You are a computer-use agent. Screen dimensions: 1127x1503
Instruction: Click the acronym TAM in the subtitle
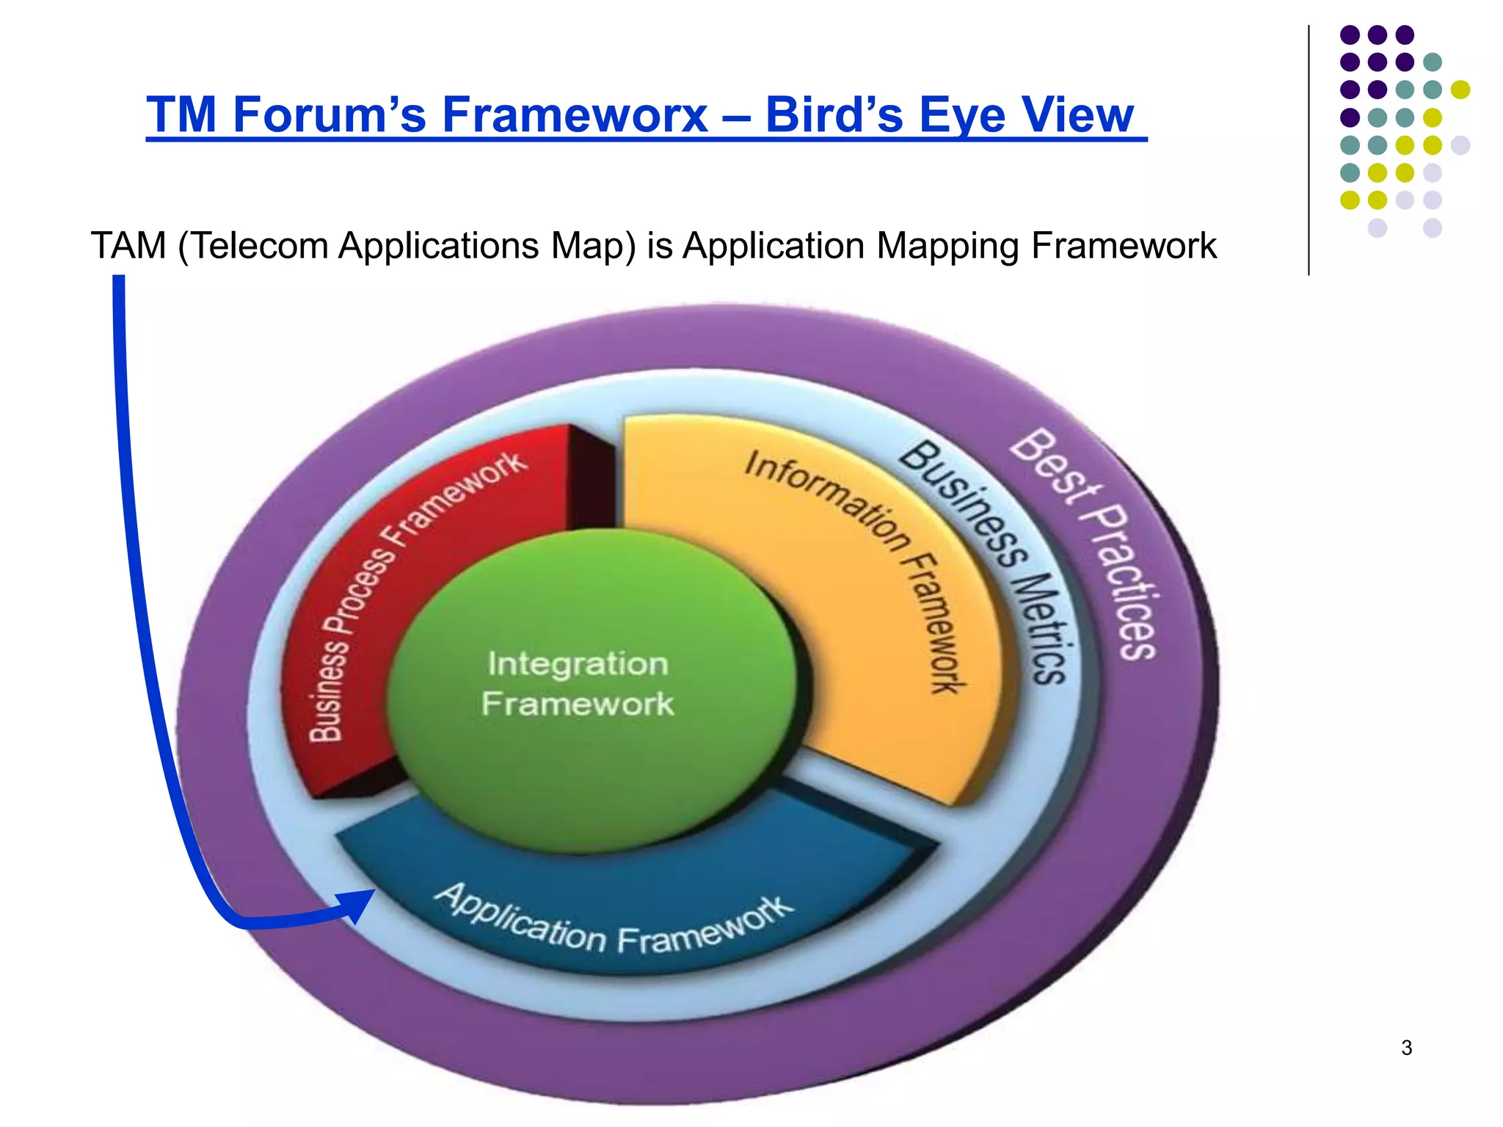tap(128, 246)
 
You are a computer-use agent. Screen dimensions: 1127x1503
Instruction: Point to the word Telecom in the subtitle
tap(260, 246)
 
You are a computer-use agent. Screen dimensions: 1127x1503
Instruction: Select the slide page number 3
tap(1406, 1048)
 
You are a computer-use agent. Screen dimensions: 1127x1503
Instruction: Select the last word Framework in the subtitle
tap(1124, 246)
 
